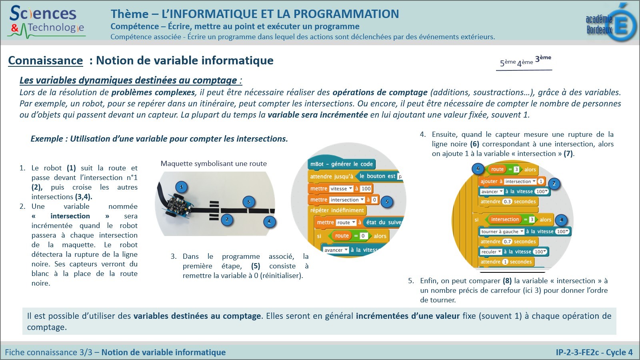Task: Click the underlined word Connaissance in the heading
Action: (45, 61)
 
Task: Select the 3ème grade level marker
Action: (543, 58)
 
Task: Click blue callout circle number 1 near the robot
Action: (181, 187)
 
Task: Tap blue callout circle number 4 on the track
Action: (269, 221)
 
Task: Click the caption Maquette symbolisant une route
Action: (213, 164)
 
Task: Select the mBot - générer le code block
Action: (341, 164)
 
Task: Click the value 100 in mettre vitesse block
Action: (366, 189)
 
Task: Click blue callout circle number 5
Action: (387, 202)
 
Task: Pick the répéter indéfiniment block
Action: (337, 210)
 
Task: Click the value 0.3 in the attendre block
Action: (507, 202)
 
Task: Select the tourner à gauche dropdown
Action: (502, 232)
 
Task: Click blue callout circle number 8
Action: (561, 220)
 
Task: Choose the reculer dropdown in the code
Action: (491, 252)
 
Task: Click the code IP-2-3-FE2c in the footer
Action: (577, 352)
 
